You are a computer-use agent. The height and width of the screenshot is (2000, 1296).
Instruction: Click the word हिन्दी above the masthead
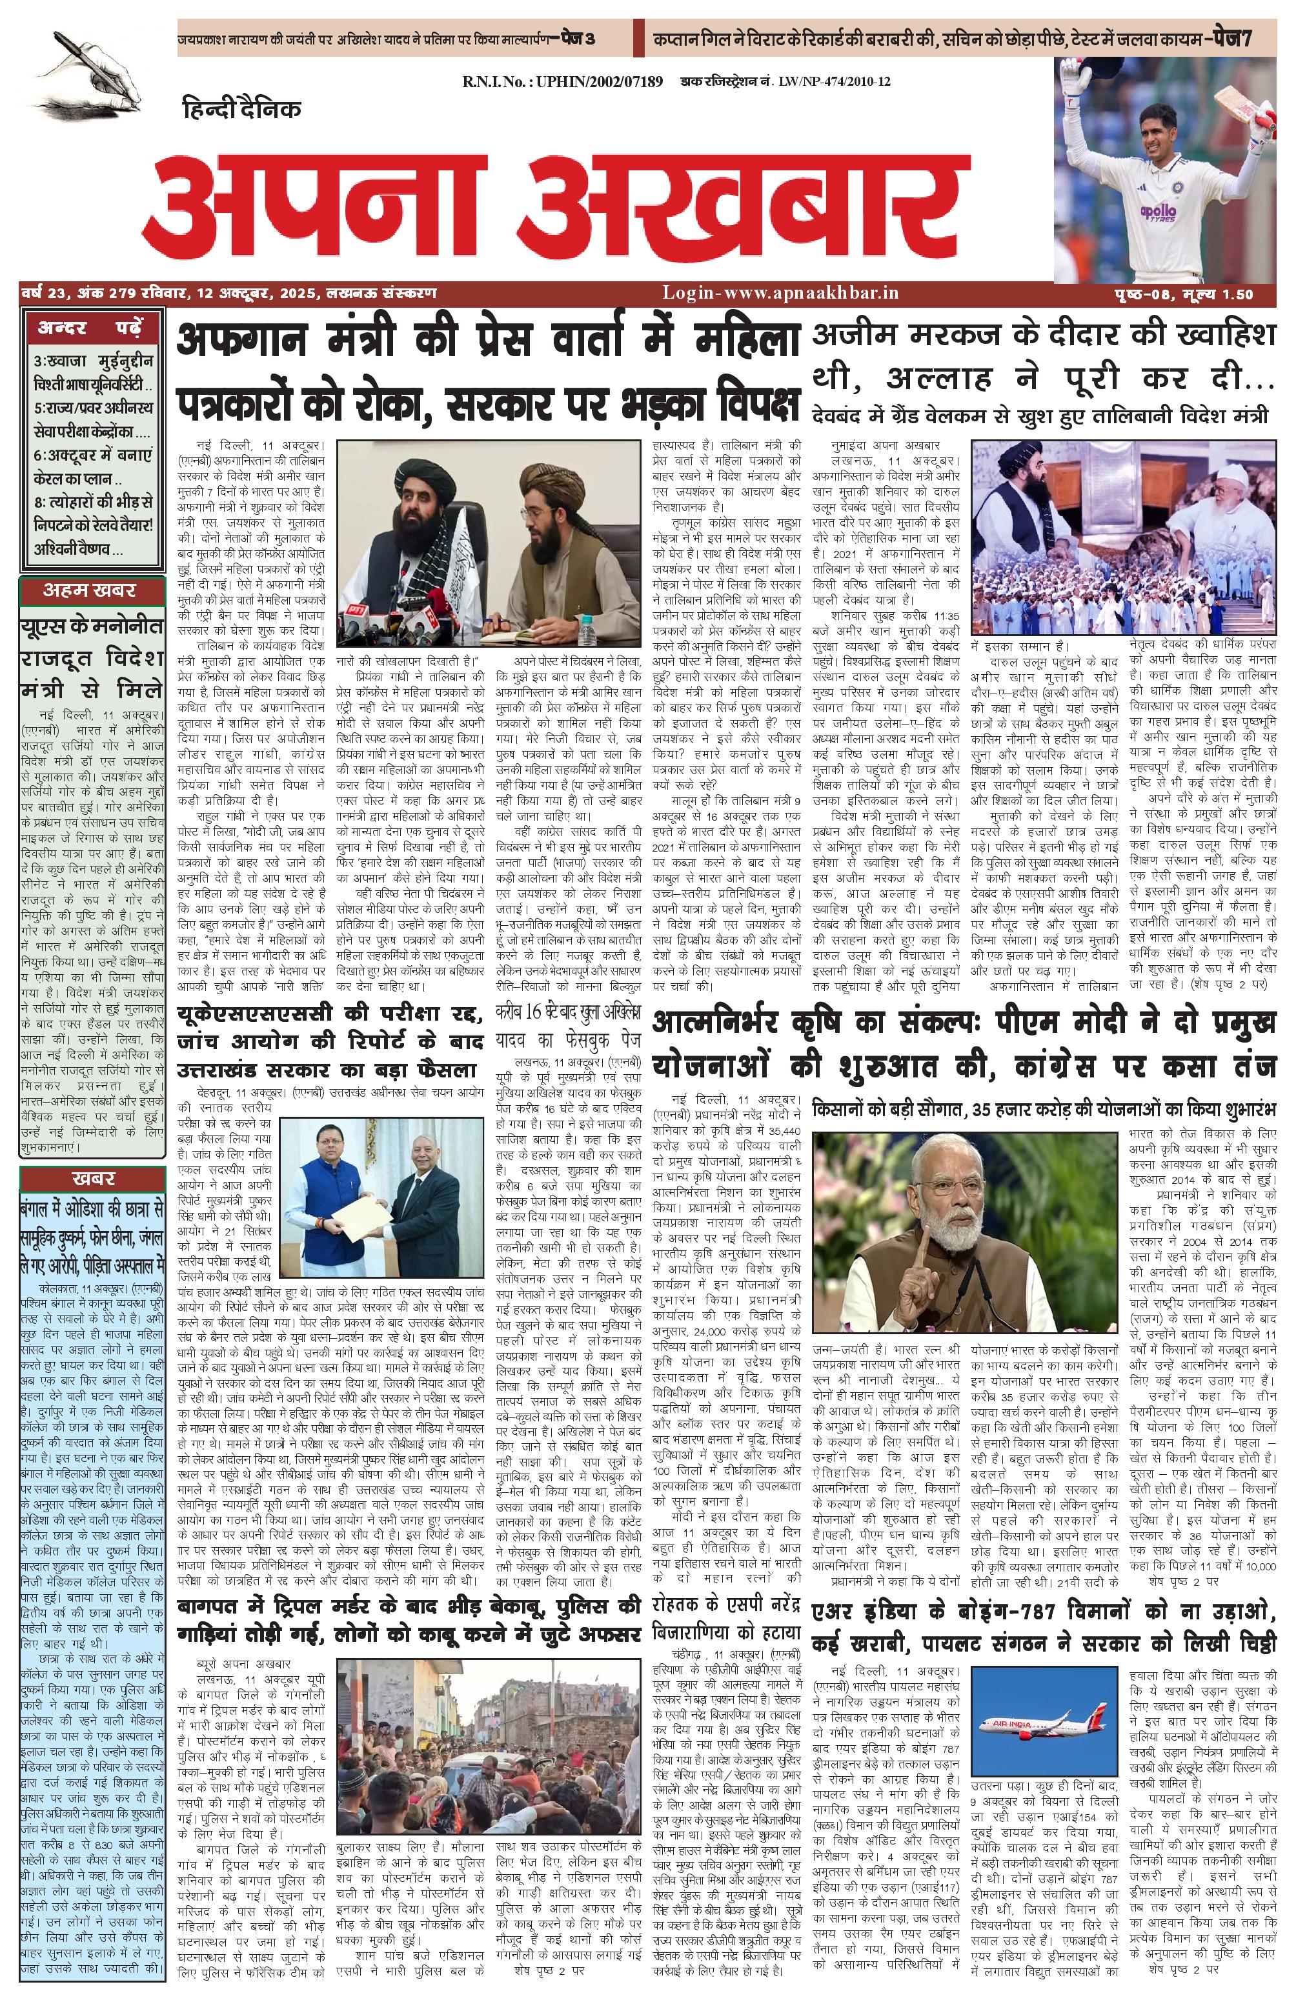(210, 108)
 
